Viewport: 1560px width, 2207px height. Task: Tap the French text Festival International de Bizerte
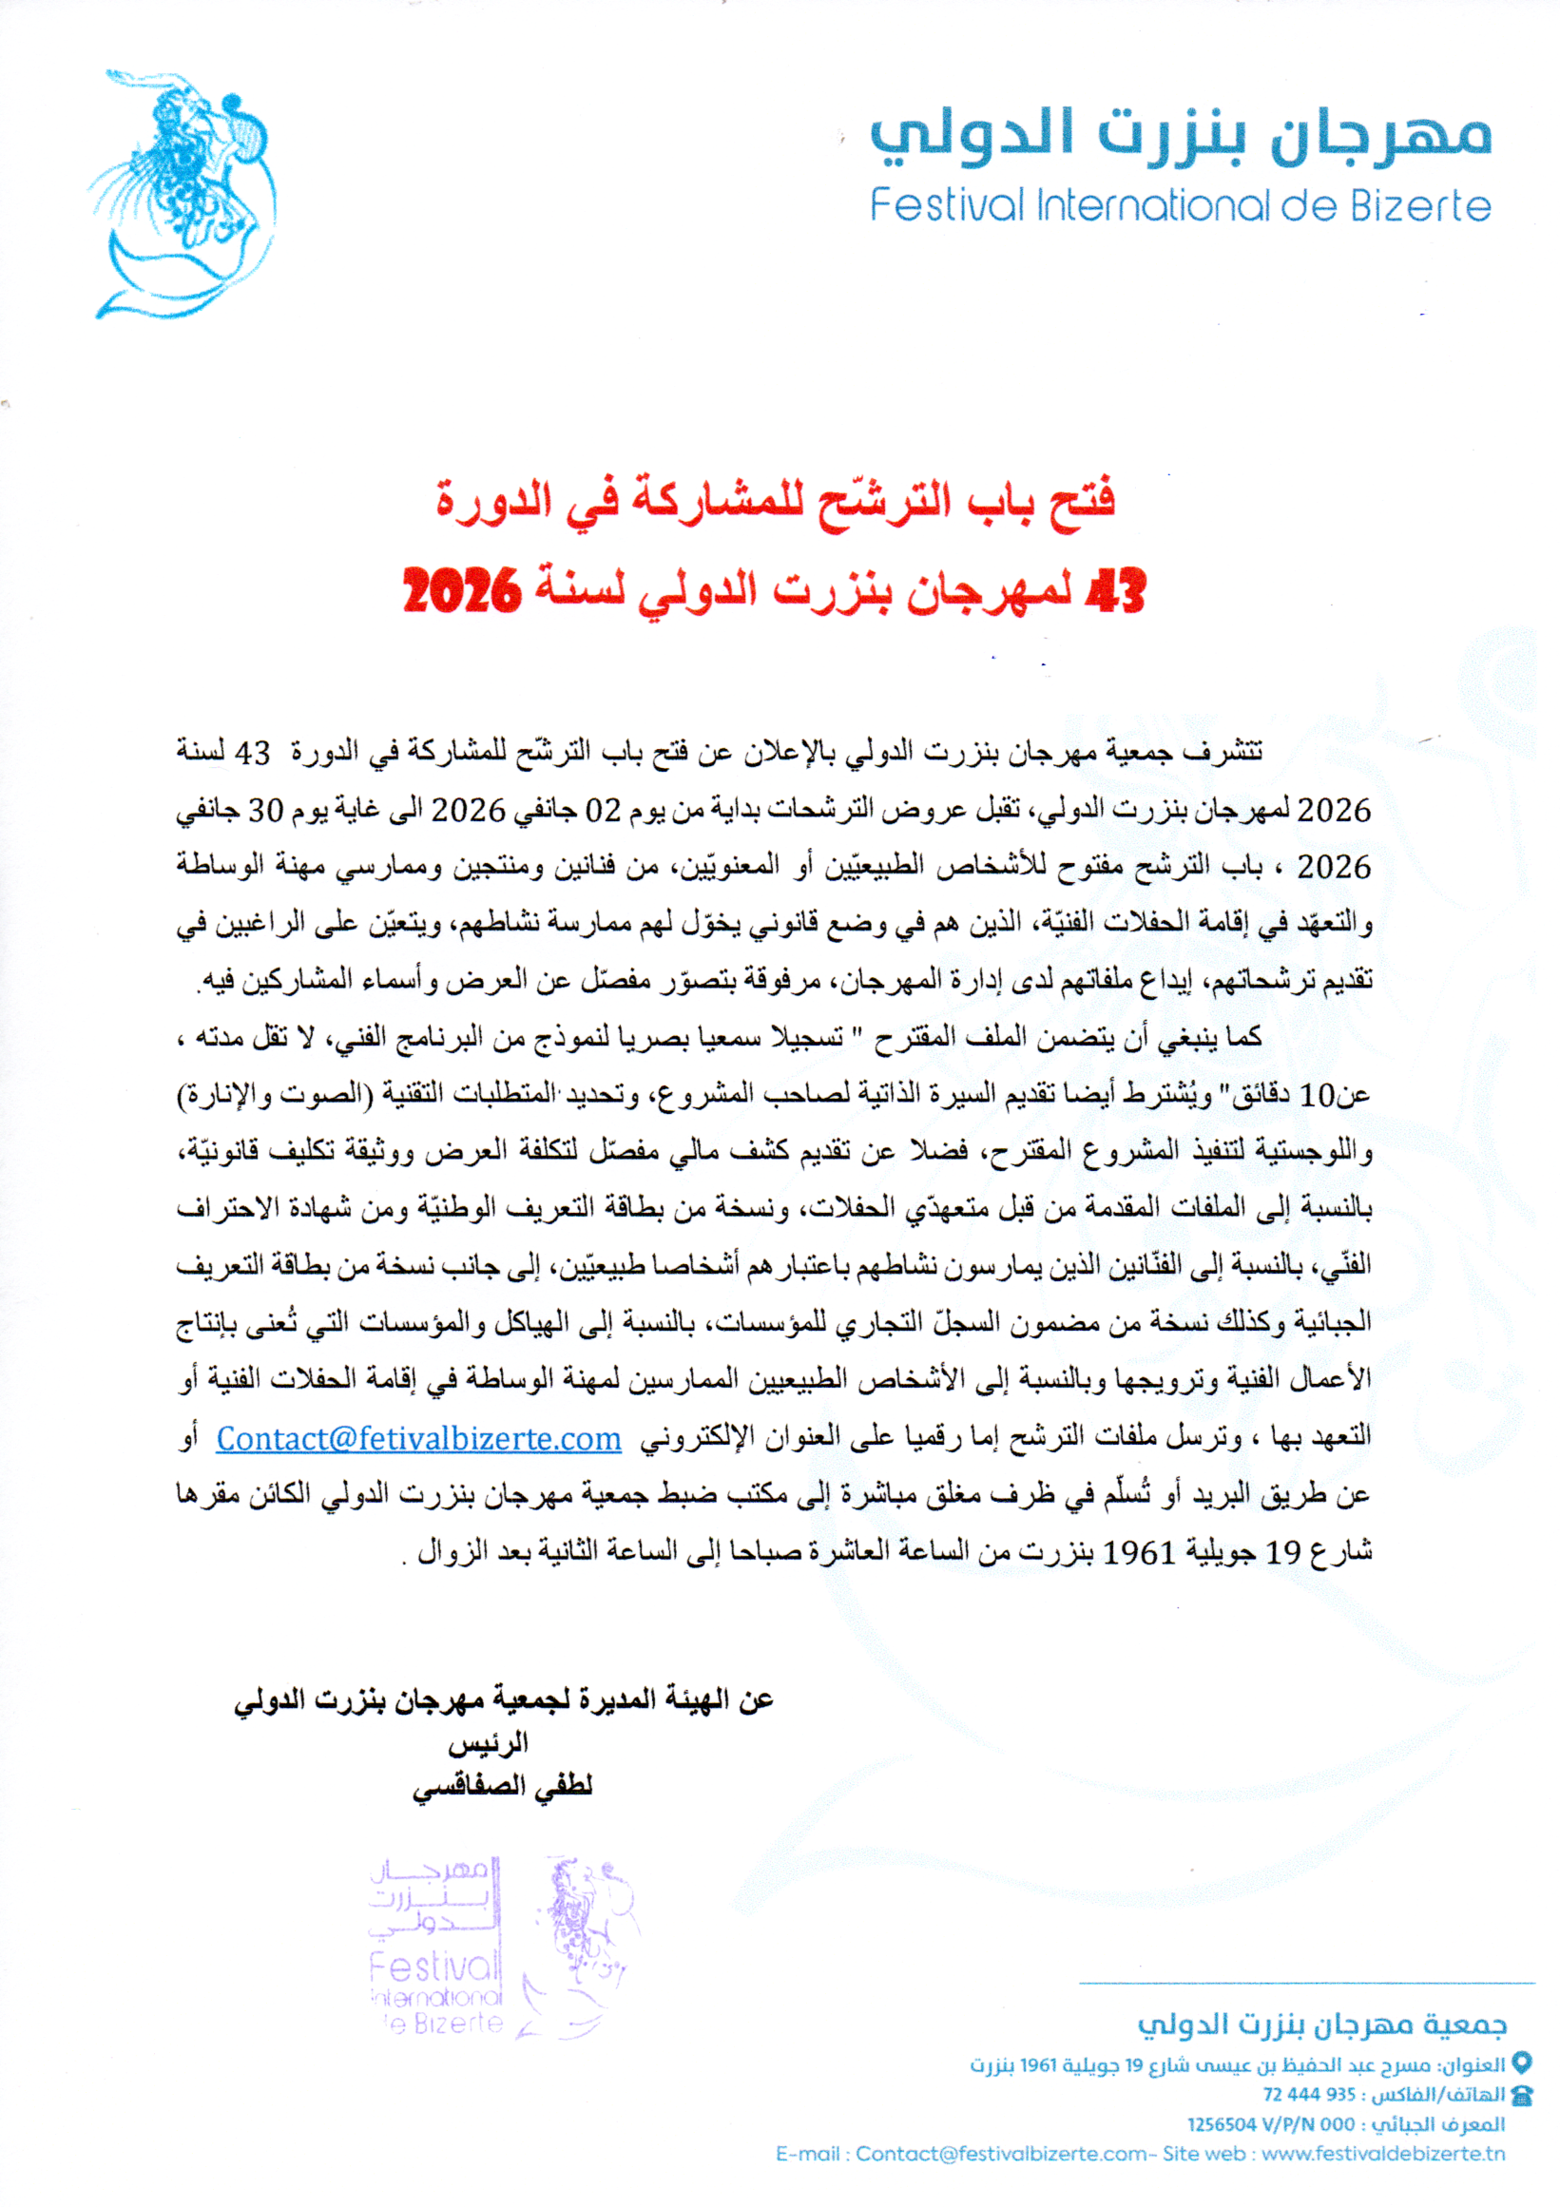click(x=1181, y=205)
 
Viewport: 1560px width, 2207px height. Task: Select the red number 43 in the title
click(x=1115, y=590)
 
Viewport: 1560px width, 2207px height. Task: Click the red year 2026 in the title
click(x=461, y=590)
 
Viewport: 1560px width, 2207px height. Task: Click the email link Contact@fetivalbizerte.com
click(x=418, y=1439)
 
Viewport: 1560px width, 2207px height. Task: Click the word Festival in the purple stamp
click(x=435, y=1967)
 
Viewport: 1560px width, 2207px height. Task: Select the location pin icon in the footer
click(x=1522, y=2062)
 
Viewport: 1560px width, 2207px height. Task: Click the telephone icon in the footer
click(x=1522, y=2095)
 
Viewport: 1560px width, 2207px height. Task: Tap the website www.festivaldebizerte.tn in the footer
click(x=1383, y=2154)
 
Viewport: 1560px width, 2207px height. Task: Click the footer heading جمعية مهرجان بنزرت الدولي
click(x=1322, y=2025)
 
